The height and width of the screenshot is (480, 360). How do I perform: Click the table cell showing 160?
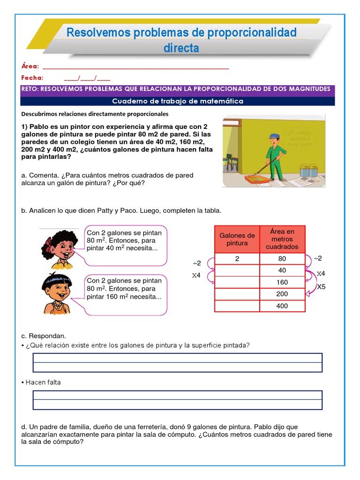(282, 282)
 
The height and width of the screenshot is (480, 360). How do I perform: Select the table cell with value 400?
(282, 306)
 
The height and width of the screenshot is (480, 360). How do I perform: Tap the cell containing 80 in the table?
(282, 258)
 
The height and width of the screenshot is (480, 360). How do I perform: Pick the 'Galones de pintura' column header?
(237, 239)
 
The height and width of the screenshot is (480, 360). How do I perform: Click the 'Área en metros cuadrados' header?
(282, 239)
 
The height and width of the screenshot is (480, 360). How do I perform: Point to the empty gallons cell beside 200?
(237, 294)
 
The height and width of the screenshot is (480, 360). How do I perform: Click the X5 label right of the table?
(321, 286)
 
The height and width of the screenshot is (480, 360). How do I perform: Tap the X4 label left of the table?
(196, 276)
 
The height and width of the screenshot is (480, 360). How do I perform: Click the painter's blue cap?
(274, 136)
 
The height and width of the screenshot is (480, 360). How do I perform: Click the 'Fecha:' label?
(32, 78)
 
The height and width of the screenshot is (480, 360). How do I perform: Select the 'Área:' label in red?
(30, 67)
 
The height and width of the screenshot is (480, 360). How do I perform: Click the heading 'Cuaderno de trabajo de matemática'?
(178, 101)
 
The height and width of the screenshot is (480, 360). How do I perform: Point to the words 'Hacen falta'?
(43, 382)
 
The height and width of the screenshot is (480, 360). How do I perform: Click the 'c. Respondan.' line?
(44, 336)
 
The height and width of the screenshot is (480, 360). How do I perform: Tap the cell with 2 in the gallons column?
(237, 258)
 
